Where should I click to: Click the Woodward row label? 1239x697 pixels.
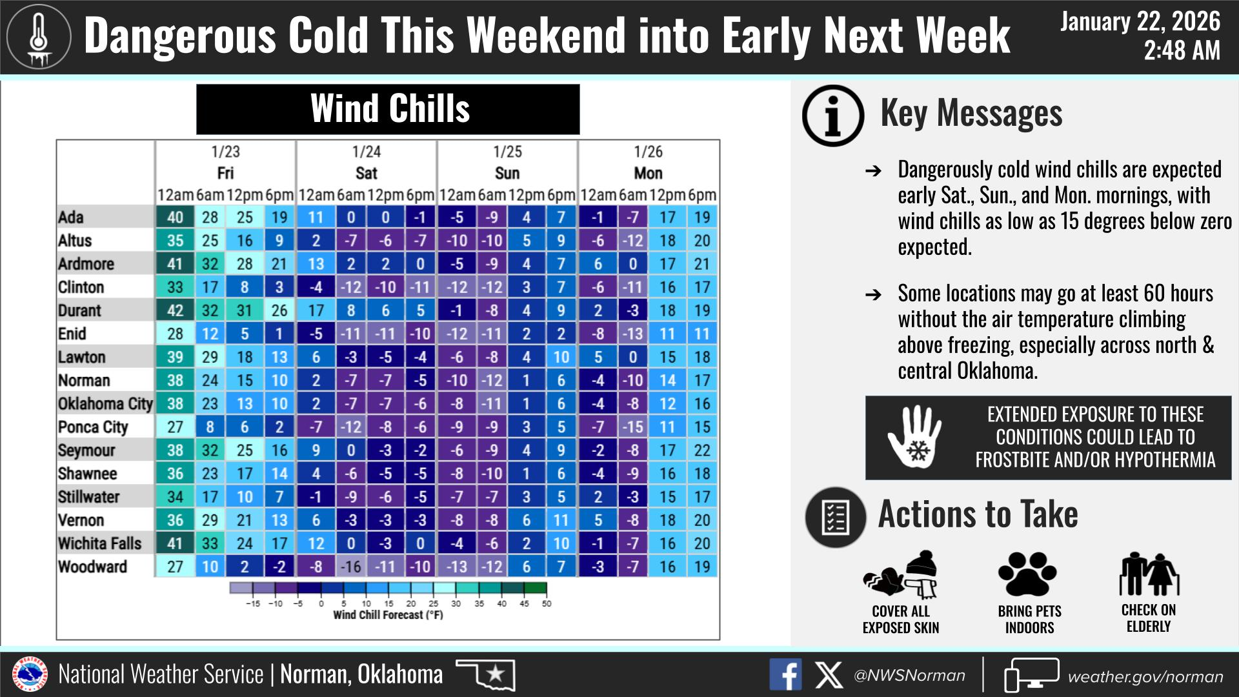[x=92, y=567]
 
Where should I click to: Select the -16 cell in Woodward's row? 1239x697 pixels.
[x=351, y=567]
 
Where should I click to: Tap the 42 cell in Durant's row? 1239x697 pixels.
[x=175, y=310]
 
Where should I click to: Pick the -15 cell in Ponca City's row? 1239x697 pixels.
[x=632, y=427]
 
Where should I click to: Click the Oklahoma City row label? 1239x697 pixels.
[x=105, y=404]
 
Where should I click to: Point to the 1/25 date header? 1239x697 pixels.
[x=507, y=152]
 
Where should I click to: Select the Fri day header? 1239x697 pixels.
[x=225, y=173]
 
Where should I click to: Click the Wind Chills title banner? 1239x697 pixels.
[x=388, y=109]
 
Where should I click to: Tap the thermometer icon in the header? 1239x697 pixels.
[x=39, y=37]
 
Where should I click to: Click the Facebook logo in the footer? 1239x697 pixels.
[x=785, y=675]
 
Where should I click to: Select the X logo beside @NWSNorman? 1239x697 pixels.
[x=828, y=676]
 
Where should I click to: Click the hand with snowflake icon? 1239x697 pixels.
[x=914, y=438]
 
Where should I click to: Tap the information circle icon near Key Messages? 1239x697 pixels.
[x=833, y=116]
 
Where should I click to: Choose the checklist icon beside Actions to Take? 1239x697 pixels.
[x=836, y=517]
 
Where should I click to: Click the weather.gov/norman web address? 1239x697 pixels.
[x=1145, y=676]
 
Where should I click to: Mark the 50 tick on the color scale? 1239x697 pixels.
[x=547, y=604]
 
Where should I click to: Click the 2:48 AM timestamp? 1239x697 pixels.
[x=1182, y=50]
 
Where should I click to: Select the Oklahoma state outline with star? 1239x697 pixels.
[x=485, y=674]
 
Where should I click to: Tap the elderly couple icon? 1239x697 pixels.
[x=1149, y=574]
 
